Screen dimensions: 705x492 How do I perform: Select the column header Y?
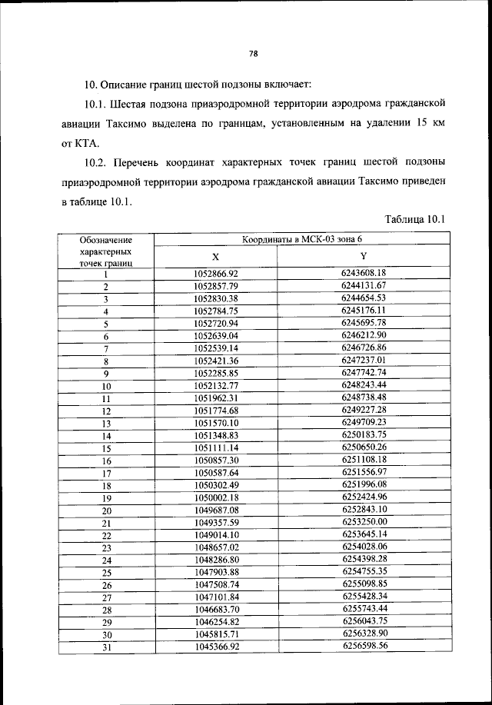(x=363, y=256)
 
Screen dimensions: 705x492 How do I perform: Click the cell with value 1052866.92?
(x=216, y=273)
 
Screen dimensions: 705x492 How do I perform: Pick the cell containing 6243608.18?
(x=363, y=273)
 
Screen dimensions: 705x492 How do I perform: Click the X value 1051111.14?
(x=216, y=447)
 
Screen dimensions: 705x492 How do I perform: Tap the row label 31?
(x=106, y=647)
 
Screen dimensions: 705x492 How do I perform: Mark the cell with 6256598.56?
(x=363, y=646)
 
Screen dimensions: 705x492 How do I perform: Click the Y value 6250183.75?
(x=363, y=435)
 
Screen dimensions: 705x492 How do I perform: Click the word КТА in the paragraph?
(x=79, y=143)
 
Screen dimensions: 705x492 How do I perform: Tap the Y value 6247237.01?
(x=363, y=360)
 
